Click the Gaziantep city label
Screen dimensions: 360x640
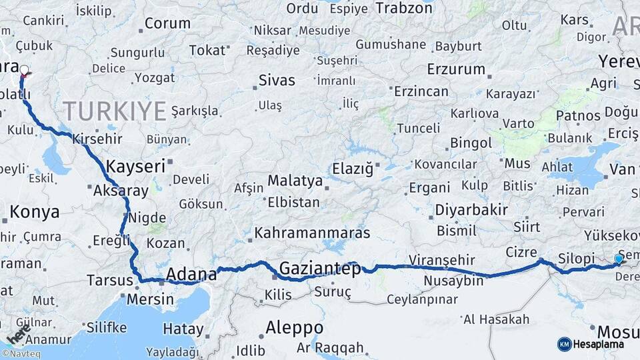click(320, 268)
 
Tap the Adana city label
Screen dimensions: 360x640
click(191, 273)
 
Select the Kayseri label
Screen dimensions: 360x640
click(136, 166)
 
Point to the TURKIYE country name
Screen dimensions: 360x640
click(115, 110)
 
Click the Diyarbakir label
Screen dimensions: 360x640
click(471, 210)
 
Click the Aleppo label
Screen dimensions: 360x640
click(294, 327)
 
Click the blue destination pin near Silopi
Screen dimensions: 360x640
click(619, 259)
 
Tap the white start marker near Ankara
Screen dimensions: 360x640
click(25, 70)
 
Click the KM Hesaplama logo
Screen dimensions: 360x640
click(591, 344)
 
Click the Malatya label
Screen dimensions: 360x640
click(295, 181)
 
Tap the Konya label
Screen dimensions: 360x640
click(35, 212)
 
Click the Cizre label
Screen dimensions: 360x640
click(520, 253)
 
